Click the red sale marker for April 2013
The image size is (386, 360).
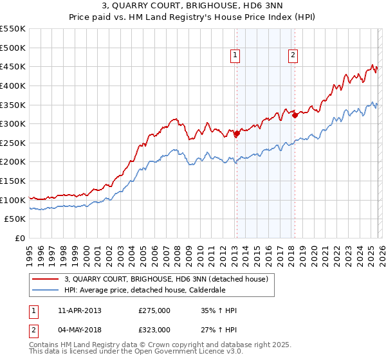(236, 134)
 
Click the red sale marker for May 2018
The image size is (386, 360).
(294, 115)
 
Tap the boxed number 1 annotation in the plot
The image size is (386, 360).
(235, 56)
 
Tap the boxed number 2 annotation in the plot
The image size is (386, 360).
(293, 56)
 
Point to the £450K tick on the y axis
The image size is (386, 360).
(13, 67)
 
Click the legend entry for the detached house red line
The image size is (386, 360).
(170, 279)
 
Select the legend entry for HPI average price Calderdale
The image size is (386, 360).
(153, 290)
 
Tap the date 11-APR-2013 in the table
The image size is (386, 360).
(79, 310)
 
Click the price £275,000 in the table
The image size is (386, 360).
(154, 310)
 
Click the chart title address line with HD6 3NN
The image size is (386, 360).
(193, 6)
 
